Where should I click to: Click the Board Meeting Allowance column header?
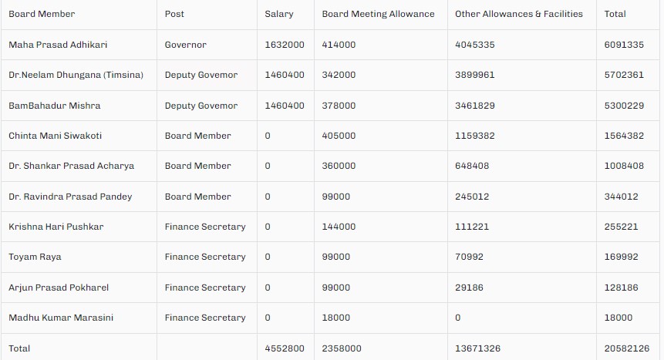[378, 14]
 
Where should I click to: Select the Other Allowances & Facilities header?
[519, 14]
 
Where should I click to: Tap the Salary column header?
[279, 14]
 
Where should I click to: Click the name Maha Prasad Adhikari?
[58, 45]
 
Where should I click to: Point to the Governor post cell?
[186, 45]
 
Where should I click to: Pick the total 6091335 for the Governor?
[624, 45]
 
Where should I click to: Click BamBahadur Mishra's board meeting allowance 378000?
[339, 106]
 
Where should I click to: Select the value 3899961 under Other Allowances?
[475, 75]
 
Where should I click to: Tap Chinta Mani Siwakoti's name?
[55, 136]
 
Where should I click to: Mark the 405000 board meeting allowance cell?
[339, 136]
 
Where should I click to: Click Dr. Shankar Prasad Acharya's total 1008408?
[624, 166]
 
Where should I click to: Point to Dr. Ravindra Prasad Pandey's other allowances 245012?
[472, 197]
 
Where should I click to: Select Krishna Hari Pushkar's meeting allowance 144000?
[339, 227]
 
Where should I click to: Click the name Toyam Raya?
[35, 257]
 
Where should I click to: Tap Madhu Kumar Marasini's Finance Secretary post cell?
[205, 318]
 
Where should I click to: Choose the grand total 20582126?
[627, 348]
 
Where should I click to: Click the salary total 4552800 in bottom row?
[285, 348]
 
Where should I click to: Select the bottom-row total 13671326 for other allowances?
[478, 348]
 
